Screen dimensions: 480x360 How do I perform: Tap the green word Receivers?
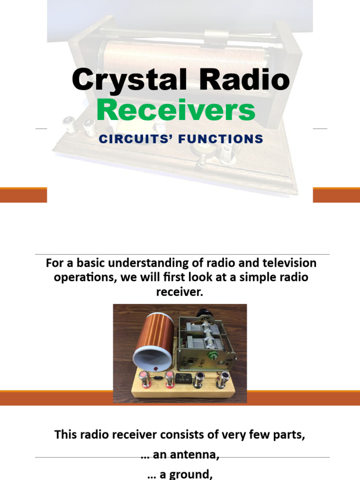coord(176,111)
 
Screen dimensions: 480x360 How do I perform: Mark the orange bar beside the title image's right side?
coord(336,195)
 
